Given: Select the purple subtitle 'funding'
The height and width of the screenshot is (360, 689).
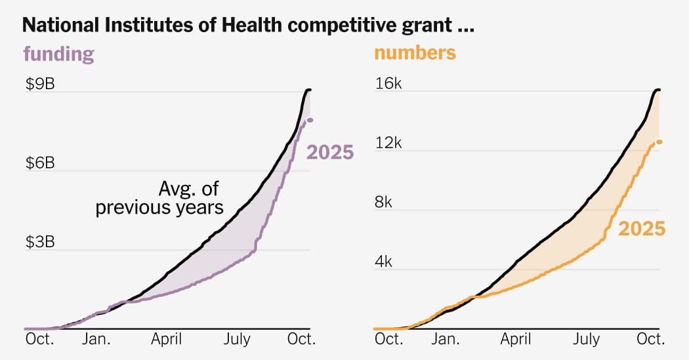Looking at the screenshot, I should click(x=58, y=54).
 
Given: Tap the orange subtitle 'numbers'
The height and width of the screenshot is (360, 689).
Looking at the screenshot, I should click(x=415, y=52).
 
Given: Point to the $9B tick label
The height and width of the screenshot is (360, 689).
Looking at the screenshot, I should click(x=40, y=83).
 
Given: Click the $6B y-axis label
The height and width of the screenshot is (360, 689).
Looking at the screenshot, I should click(x=40, y=163).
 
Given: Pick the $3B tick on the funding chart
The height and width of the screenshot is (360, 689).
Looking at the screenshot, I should click(x=40, y=241).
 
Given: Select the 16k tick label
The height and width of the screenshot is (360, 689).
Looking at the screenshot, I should click(x=387, y=83).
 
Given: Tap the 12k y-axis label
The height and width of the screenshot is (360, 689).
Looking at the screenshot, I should click(x=387, y=143).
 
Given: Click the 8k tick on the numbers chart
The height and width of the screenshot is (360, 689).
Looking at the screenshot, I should click(x=383, y=202).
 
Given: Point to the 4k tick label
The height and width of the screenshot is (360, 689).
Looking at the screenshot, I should click(x=383, y=262).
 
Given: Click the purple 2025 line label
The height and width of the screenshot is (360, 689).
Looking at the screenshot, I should click(x=331, y=153).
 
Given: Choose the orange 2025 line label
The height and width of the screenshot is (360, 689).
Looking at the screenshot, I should click(x=642, y=229).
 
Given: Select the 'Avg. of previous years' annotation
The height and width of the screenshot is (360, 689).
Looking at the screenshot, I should click(x=159, y=199).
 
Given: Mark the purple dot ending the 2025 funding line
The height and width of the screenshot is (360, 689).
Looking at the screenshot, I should click(x=310, y=119).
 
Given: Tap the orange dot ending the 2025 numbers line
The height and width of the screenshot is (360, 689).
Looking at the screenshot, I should click(x=659, y=142).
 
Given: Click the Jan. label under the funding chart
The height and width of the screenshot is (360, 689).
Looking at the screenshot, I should click(x=96, y=339).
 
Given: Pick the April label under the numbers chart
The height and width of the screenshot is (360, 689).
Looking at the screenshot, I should click(x=516, y=339).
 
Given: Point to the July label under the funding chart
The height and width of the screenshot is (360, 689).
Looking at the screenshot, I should click(x=236, y=339).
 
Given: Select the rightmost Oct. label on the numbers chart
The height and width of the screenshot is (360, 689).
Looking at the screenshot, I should click(x=652, y=339).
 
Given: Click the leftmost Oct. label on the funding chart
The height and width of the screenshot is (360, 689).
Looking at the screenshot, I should click(x=40, y=339).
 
